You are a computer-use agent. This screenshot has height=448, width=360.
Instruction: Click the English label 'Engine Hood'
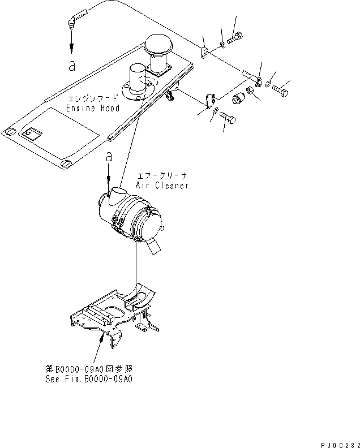pyautogui.click(x=93, y=108)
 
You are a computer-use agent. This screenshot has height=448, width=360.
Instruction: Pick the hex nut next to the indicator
pyautogui.click(x=250, y=92)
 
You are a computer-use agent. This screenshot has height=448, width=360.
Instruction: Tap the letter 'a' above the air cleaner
pyautogui.click(x=109, y=159)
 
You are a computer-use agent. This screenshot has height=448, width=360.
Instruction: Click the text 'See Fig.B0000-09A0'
pyautogui.click(x=89, y=380)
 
